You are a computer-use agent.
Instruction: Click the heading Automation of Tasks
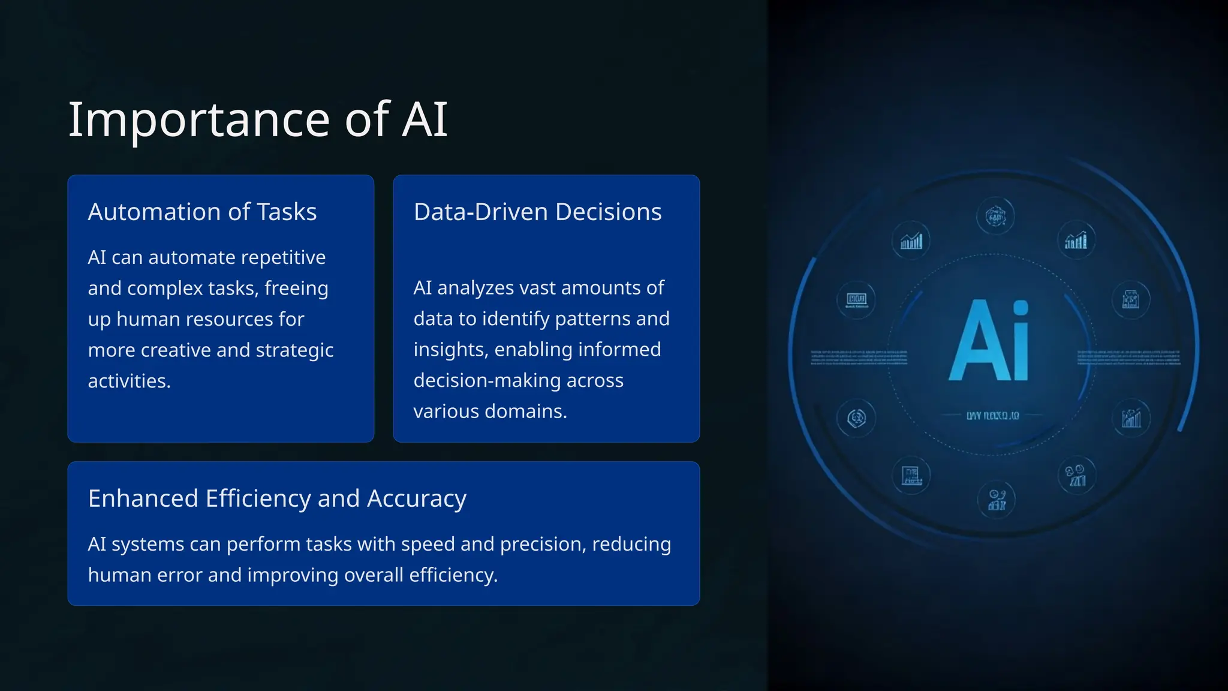coord(202,212)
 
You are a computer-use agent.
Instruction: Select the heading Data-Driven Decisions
coord(537,212)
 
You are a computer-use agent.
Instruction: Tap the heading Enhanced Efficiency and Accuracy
coord(277,498)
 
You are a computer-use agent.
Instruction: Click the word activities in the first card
coord(128,381)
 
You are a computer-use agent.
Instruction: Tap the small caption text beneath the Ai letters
coord(992,415)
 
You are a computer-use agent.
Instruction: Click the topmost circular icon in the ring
coord(995,216)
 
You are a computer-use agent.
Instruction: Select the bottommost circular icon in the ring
coord(997,500)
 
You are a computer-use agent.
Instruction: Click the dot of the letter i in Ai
coord(1020,308)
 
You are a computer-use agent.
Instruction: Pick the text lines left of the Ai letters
coord(859,358)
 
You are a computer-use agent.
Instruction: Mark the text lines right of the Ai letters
coord(1128,358)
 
